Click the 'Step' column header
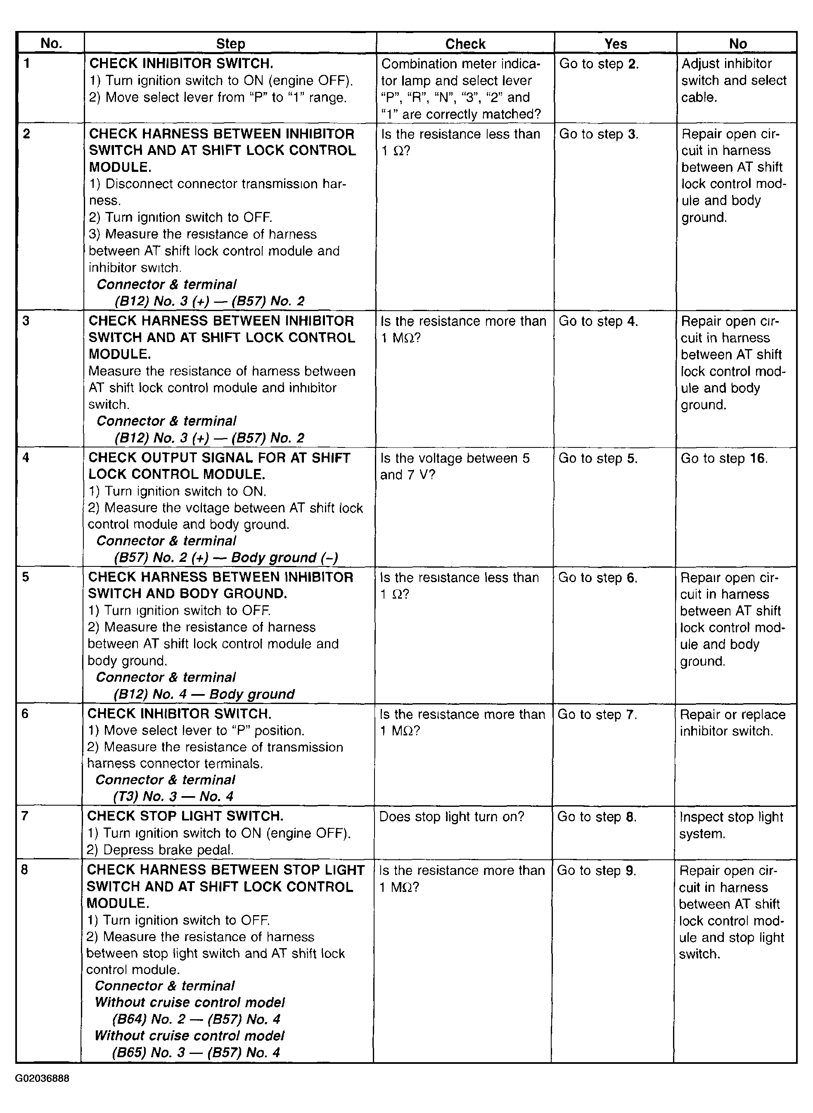coord(230,44)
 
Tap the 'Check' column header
coord(465,44)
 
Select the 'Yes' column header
coord(615,44)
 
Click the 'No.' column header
coord(51,43)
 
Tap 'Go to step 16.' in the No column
coord(723,459)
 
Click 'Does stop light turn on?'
coord(451,816)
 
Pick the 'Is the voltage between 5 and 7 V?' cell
coord(455,466)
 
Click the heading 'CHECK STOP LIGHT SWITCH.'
coord(185,816)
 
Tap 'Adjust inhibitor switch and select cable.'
coord(733,80)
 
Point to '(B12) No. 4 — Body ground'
coord(204,694)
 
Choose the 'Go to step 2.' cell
coord(599,64)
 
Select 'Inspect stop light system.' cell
coord(730,825)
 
